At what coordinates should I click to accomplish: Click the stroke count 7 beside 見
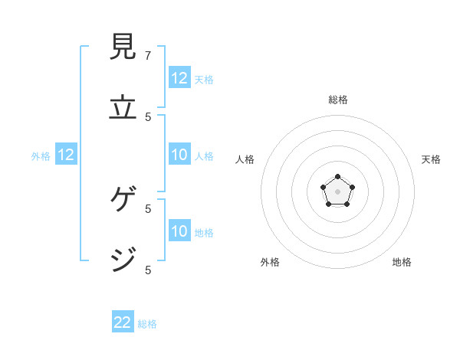click(x=148, y=55)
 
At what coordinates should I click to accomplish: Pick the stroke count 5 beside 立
click(x=148, y=116)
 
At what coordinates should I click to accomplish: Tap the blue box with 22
click(x=123, y=322)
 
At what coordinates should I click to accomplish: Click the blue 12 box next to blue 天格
click(x=179, y=78)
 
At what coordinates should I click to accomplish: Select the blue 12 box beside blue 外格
click(x=66, y=155)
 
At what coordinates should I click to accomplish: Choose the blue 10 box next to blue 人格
click(x=179, y=155)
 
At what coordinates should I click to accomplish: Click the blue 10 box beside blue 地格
click(x=179, y=231)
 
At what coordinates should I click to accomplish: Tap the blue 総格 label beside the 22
click(x=147, y=324)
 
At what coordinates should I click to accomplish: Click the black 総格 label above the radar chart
click(x=338, y=100)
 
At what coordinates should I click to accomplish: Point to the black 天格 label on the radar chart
click(x=431, y=159)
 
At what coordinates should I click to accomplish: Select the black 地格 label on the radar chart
click(x=402, y=262)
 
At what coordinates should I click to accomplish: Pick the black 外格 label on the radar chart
click(x=270, y=262)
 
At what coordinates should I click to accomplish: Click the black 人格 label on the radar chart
click(x=245, y=159)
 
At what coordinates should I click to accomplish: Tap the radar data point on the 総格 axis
click(x=338, y=177)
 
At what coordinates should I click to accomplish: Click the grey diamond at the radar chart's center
click(x=338, y=191)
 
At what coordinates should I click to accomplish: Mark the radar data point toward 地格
click(x=347, y=205)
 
